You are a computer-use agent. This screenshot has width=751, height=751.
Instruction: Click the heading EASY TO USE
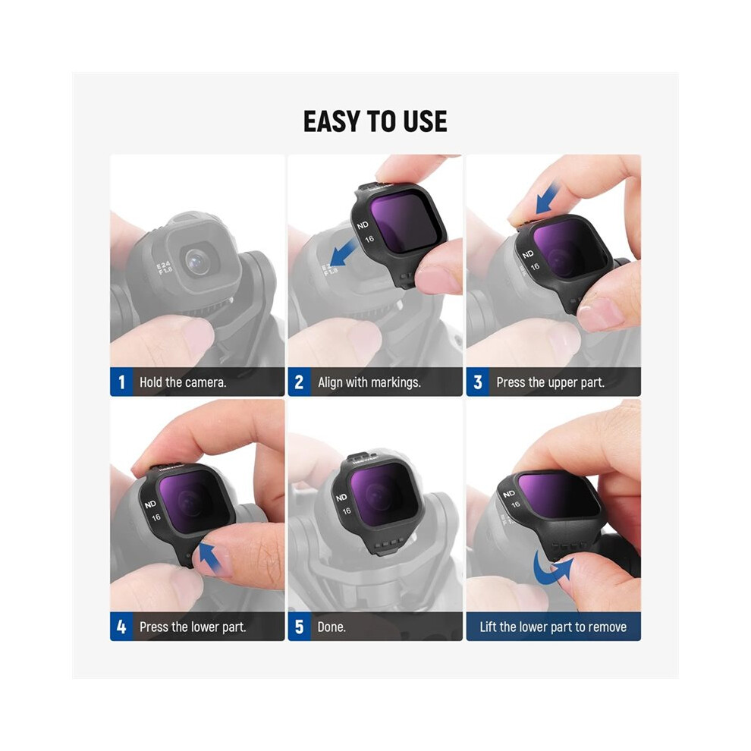(375, 121)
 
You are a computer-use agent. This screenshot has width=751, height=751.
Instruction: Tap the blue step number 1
(121, 382)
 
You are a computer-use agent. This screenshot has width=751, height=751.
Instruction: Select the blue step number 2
(300, 382)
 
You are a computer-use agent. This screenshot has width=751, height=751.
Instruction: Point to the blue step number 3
(477, 382)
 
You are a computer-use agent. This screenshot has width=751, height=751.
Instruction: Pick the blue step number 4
(121, 627)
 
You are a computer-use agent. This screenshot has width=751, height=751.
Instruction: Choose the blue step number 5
(300, 627)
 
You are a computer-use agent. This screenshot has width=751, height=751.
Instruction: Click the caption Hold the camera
(183, 382)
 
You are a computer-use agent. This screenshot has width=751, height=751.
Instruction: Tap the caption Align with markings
(369, 382)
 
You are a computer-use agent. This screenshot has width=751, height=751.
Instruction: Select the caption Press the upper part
(550, 382)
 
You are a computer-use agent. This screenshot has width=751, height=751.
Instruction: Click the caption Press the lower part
(193, 627)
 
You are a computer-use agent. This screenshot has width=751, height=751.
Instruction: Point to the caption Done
(332, 627)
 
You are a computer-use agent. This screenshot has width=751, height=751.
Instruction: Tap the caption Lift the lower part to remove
(553, 627)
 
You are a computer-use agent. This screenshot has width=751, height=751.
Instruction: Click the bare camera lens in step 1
(197, 262)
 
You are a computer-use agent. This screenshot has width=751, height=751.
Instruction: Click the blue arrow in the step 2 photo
(343, 253)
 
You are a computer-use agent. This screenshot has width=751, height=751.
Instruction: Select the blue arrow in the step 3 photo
(547, 200)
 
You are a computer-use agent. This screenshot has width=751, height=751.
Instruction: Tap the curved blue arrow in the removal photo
(551, 568)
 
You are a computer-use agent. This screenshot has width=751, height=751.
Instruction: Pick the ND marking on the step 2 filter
(363, 225)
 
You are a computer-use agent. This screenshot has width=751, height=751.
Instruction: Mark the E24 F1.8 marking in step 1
(164, 268)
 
